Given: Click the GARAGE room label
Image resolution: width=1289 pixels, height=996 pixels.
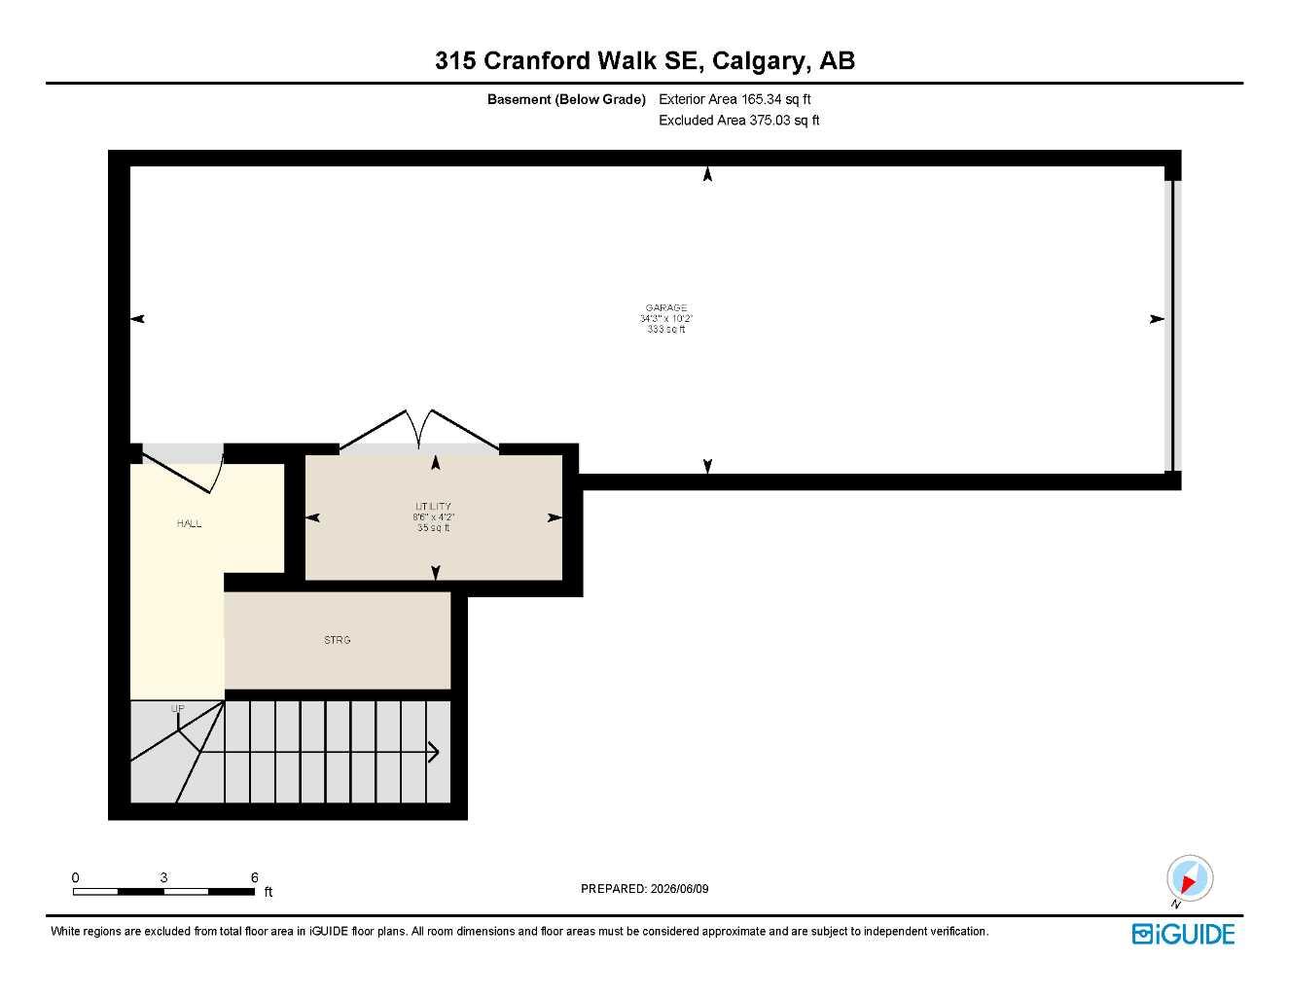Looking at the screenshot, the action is tap(665, 307).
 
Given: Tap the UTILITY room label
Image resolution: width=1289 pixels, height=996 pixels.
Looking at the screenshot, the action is tap(433, 506).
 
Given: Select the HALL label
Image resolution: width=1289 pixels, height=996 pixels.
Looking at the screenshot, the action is tap(190, 523).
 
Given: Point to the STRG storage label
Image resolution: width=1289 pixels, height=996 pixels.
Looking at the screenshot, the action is tap(337, 640).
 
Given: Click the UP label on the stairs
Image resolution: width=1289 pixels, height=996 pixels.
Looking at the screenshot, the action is tap(177, 708).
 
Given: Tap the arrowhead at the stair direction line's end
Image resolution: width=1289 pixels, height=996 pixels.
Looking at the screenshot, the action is tap(434, 752).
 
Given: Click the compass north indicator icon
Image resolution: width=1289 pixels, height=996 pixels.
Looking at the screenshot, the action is tap(1190, 878).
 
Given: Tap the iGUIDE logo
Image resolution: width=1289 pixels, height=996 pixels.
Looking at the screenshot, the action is tap(1183, 935).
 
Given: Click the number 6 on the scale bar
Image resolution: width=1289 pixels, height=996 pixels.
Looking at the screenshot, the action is tap(255, 877).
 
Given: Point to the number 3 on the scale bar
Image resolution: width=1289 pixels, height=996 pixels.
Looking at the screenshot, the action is tap(163, 877).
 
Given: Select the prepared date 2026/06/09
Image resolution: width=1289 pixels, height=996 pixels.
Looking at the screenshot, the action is tap(679, 889).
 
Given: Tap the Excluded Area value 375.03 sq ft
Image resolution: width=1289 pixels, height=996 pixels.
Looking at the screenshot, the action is tap(783, 120).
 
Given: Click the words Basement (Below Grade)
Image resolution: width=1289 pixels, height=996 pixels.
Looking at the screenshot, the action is tap(566, 99).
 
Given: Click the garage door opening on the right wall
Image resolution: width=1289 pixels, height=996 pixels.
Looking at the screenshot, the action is tap(1172, 326).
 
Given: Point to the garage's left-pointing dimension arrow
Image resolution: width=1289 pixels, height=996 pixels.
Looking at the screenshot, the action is tap(137, 319).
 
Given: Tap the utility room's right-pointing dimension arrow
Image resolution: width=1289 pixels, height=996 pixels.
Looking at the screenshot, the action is tap(555, 517).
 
